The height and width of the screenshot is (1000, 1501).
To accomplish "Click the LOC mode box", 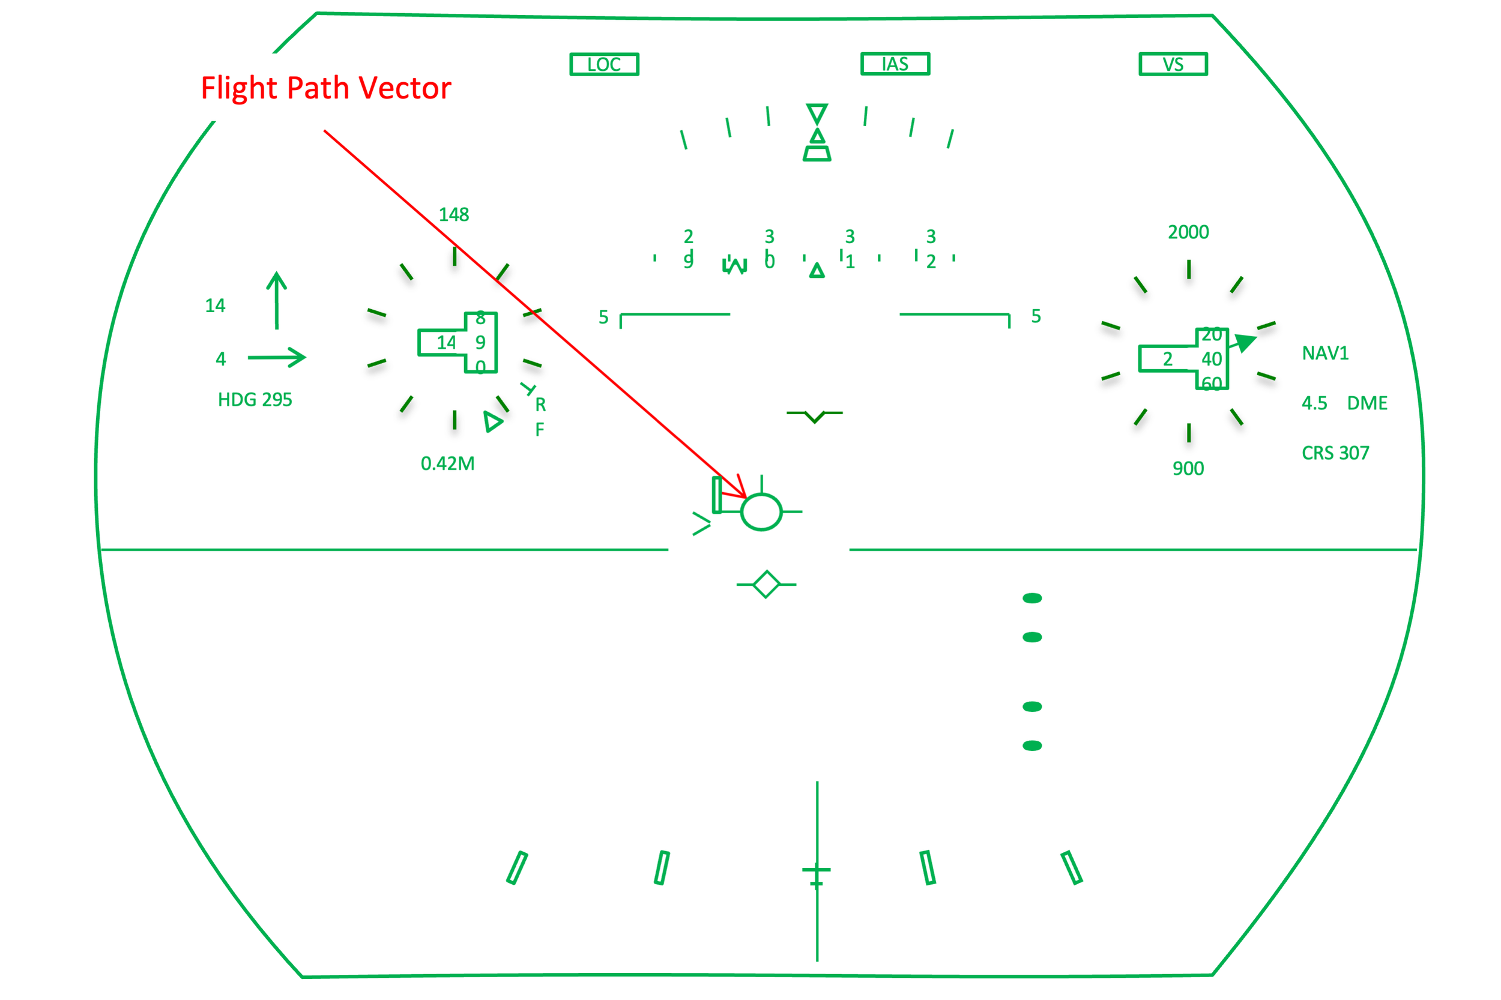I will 603,64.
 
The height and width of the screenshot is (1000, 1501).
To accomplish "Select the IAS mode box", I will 895,64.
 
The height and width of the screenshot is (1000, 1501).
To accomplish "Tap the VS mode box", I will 1173,64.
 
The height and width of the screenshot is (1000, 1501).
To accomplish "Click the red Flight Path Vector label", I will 326,88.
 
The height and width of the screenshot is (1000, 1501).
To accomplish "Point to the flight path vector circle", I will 761,511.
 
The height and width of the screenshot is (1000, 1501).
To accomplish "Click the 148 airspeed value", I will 453,214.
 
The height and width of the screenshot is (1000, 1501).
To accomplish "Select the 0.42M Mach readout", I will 447,463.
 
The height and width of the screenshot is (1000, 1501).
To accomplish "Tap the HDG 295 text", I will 255,400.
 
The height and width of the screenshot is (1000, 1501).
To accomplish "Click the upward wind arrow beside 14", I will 276,300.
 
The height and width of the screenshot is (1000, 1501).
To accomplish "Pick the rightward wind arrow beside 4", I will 276,357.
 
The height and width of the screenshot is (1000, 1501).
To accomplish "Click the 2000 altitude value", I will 1188,232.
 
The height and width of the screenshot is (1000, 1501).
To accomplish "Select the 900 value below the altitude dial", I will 1188,469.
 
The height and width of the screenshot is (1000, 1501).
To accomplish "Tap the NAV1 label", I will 1325,354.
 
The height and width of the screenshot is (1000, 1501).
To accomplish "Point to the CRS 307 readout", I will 1335,453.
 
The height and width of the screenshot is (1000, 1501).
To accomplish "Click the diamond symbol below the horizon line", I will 766,584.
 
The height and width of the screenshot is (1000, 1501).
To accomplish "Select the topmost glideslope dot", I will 1031,598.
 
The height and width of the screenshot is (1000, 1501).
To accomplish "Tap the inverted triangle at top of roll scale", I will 817,113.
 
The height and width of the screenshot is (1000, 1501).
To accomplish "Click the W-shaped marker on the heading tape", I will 734,265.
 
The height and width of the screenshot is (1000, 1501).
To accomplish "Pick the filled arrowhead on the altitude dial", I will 1245,343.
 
